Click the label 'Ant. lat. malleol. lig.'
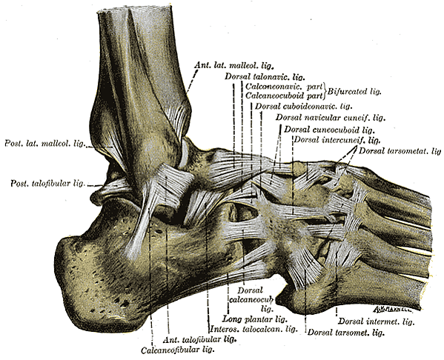(x=234, y=66)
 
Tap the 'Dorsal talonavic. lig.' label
(x=265, y=76)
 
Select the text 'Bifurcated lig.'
(x=354, y=91)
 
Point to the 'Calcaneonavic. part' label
(x=284, y=86)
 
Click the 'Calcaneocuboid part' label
(x=284, y=96)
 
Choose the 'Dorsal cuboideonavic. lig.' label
(x=303, y=107)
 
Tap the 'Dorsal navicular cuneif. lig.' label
(x=331, y=117)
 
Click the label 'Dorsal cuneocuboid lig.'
(x=329, y=130)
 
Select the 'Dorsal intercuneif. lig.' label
(x=337, y=139)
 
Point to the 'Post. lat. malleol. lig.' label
(x=44, y=143)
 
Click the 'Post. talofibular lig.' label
(x=47, y=183)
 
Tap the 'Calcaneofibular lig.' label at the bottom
(x=176, y=350)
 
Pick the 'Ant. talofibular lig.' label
(x=200, y=339)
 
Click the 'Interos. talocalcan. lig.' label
(x=254, y=329)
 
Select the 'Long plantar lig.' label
(x=255, y=319)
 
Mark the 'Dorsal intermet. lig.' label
(x=377, y=321)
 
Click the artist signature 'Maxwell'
(x=393, y=309)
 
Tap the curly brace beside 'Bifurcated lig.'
(x=325, y=91)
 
